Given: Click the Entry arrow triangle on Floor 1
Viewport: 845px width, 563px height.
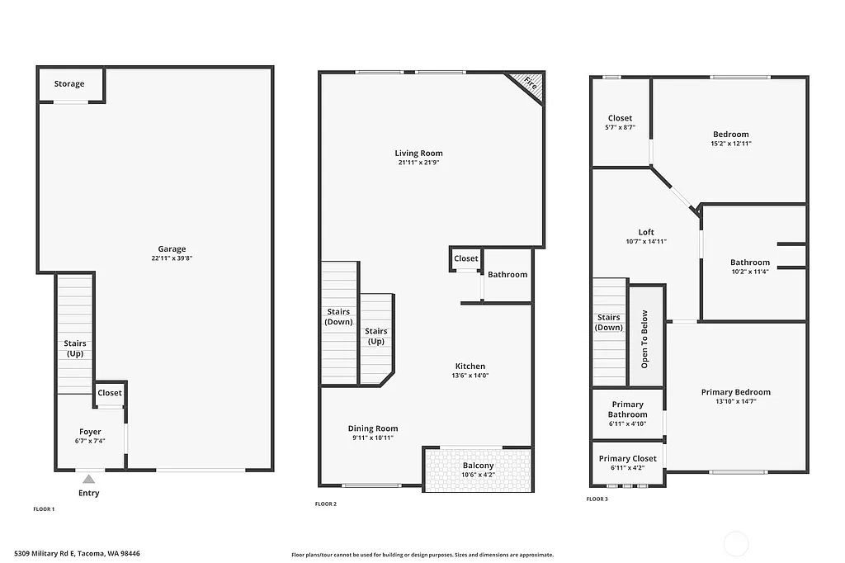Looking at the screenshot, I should [88, 478].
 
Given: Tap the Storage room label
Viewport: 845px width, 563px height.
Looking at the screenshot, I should [69, 84].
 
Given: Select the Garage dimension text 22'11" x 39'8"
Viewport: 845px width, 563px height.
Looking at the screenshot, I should [172, 258].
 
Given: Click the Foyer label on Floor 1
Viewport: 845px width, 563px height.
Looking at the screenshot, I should [90, 432].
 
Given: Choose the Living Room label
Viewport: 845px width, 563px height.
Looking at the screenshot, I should [418, 153].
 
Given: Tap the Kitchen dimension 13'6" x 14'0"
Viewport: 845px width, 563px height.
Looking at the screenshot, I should [470, 376].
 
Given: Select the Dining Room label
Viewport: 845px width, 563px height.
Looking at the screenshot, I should [373, 428].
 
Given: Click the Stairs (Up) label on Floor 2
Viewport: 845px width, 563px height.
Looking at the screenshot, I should [375, 336].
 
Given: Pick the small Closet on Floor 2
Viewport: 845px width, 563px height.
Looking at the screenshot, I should [465, 258].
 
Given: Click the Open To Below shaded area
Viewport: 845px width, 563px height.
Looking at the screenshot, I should [645, 338].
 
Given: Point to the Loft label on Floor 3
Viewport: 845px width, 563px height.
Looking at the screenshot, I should [645, 232].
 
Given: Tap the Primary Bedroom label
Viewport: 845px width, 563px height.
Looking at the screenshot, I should [735, 392].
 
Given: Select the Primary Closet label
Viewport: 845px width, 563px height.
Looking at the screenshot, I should [627, 458].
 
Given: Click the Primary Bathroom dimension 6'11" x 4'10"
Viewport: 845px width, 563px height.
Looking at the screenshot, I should [627, 423].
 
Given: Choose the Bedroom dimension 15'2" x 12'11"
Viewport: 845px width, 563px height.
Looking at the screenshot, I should [731, 144].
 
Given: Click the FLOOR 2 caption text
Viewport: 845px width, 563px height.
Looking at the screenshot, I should [325, 504].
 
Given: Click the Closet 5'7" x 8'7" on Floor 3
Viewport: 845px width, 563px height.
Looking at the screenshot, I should [620, 122].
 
